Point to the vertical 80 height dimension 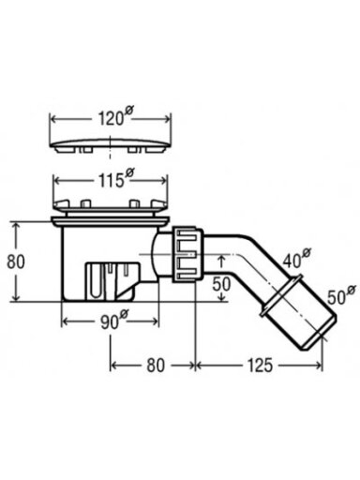(x=15, y=262)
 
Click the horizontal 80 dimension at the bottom (x=156, y=365)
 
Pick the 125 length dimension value (x=260, y=365)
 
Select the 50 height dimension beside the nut (x=221, y=284)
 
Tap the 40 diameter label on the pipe (x=297, y=258)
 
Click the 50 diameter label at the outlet (x=341, y=295)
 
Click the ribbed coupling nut (x=187, y=255)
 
